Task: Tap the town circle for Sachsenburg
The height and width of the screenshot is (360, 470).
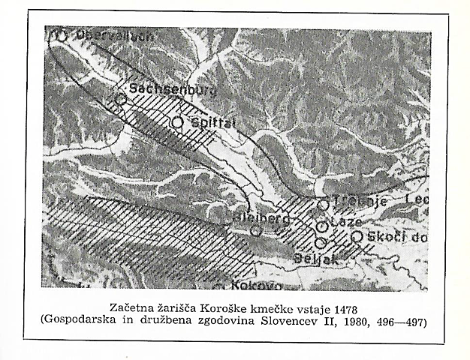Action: pos(121,99)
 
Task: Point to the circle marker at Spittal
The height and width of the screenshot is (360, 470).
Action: pos(177,121)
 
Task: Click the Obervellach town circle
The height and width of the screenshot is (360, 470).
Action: pos(61,35)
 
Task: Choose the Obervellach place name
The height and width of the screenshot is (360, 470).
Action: pos(103,35)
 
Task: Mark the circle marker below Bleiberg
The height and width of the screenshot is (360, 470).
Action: pos(256,231)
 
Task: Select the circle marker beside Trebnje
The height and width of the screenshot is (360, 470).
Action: pos(323,204)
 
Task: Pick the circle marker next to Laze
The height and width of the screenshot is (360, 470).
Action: pos(321,226)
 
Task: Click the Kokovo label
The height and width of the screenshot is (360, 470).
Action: pos(257,286)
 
